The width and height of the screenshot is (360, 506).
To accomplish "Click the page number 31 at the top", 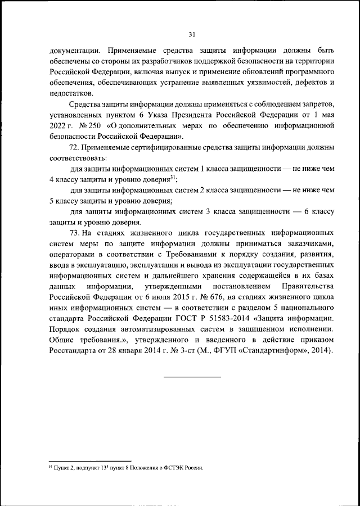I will pos(191,35).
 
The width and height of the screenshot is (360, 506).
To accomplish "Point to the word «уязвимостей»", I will pos(265,83).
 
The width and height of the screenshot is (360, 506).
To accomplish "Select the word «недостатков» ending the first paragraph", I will pos(70,93).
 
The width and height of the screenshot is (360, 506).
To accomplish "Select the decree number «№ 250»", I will pos(89,126).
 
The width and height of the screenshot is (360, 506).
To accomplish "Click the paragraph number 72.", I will pos(75,147).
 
